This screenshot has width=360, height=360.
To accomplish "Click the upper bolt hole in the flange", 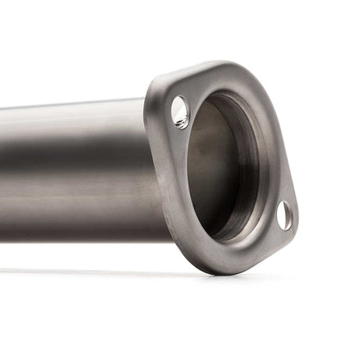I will (180, 112).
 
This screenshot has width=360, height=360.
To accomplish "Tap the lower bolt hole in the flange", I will (285, 215).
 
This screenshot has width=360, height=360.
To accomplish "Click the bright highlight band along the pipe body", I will (70, 137).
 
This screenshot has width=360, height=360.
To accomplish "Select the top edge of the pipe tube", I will (78, 103).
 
